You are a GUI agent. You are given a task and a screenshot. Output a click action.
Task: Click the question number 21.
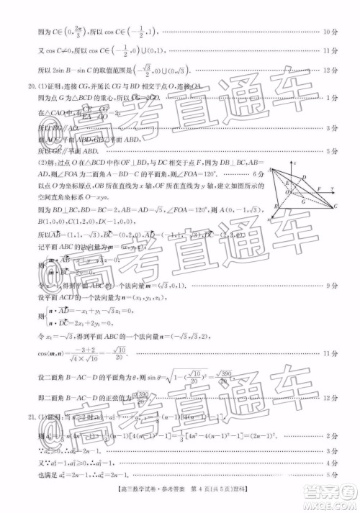24,416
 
